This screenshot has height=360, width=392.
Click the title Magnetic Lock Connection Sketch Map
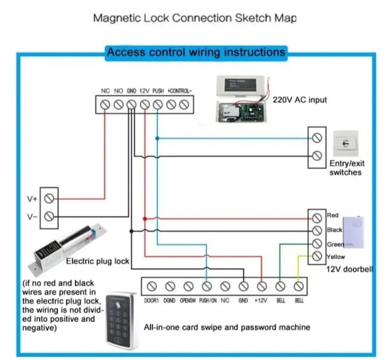(195, 18)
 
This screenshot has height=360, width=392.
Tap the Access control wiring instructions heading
(195, 53)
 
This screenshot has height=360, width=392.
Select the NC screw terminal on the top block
(105, 104)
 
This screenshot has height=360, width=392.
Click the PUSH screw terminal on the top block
(157, 104)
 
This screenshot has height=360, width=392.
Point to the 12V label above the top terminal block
(144, 91)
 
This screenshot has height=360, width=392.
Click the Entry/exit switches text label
(345, 168)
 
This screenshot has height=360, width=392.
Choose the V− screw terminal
(50, 216)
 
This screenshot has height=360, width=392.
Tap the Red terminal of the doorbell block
(317, 217)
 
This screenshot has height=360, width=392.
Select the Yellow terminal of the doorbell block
(317, 257)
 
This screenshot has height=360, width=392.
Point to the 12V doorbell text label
(349, 269)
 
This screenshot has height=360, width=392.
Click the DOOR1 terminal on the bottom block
(152, 285)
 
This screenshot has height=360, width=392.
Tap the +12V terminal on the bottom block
(262, 285)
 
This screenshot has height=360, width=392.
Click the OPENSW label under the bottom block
(188, 300)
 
